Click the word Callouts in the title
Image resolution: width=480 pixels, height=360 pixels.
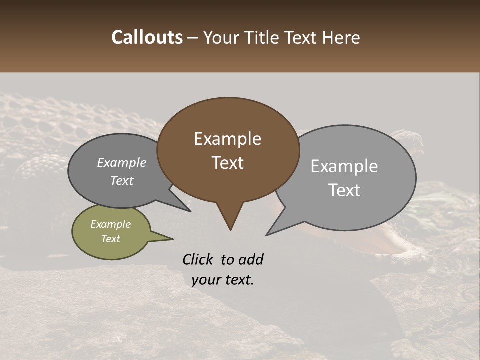tap(147, 37)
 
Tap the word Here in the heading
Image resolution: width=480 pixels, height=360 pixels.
tap(341, 37)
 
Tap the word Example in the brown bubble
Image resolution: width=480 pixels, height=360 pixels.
tap(227, 139)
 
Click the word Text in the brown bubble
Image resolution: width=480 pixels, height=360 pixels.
tap(228, 163)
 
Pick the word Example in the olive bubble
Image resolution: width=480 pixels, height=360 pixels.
tap(110, 224)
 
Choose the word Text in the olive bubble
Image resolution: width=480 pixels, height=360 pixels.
tap(110, 239)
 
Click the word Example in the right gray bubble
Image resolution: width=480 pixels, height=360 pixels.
tap(344, 166)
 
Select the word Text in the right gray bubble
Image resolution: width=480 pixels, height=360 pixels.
tap(345, 190)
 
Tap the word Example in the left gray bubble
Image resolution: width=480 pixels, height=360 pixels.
tap(121, 162)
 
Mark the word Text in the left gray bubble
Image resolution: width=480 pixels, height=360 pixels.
tap(122, 180)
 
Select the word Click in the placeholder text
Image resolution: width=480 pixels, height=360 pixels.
tap(199, 259)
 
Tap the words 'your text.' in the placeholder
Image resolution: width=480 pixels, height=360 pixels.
tap(223, 280)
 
